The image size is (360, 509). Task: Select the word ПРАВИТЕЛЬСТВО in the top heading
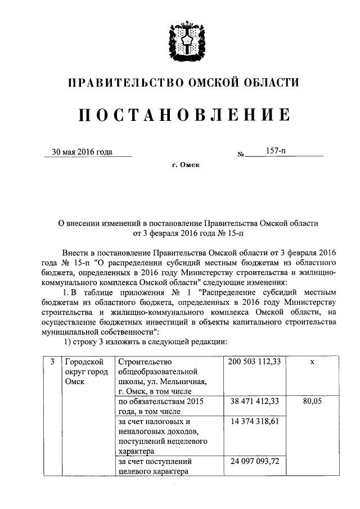tap(121, 84)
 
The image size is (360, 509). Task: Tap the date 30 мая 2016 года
tap(82, 151)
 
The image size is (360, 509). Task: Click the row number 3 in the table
tap(51, 363)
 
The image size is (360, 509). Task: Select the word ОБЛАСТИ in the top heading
tap(269, 84)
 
